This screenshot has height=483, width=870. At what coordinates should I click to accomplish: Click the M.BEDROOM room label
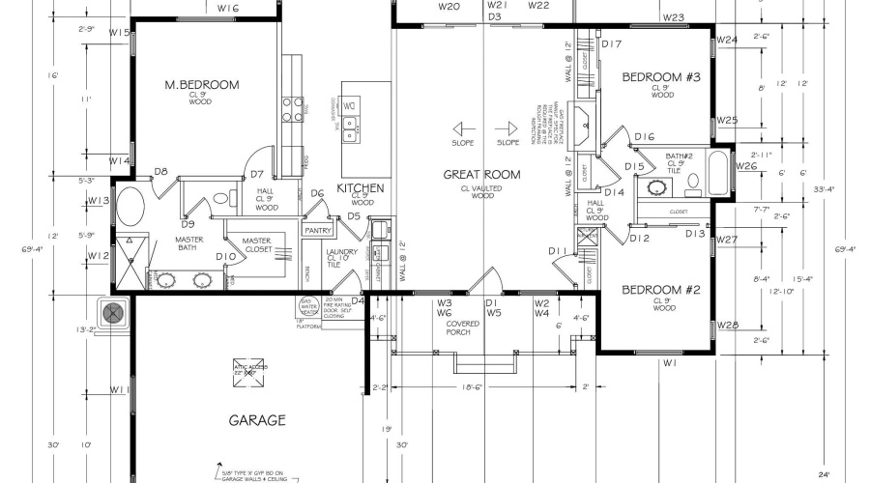point(201,85)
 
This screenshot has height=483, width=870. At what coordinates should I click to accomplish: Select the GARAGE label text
point(256,420)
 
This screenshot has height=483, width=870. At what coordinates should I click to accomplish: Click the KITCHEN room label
point(361,187)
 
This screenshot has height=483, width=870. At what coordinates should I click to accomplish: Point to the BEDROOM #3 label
point(660,76)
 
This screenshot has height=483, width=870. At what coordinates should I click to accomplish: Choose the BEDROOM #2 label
point(660,290)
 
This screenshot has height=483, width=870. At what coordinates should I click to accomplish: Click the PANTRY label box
point(319,231)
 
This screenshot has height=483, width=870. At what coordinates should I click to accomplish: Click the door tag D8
point(161,172)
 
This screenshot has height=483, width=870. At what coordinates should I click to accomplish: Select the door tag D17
point(611,43)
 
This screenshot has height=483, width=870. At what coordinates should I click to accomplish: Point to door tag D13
point(695,234)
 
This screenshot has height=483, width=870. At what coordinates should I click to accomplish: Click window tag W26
point(745,166)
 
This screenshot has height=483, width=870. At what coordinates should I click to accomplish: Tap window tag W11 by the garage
point(120,389)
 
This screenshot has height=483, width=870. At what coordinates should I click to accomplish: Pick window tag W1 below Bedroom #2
point(669,363)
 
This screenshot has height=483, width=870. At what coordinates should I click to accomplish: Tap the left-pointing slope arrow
point(462,128)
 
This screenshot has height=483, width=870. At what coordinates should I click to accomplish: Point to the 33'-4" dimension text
point(805,189)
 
